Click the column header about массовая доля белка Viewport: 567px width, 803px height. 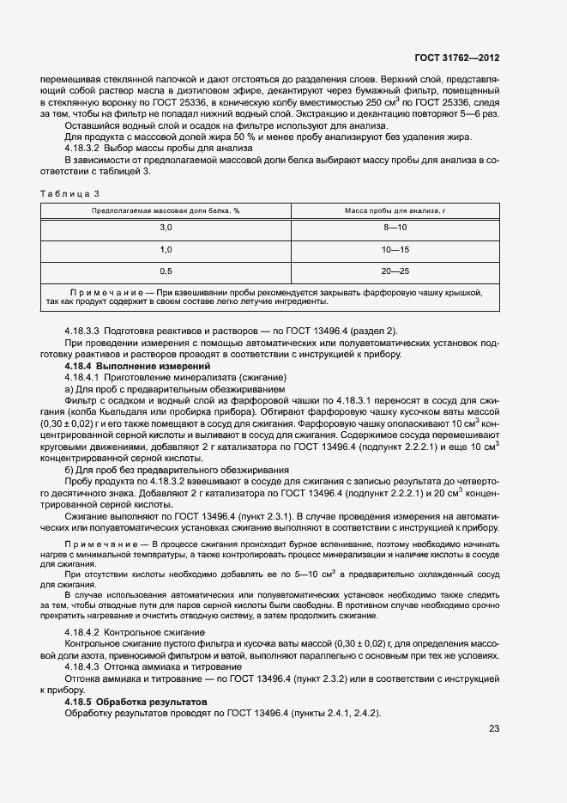tap(166, 210)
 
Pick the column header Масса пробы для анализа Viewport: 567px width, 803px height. tap(395, 210)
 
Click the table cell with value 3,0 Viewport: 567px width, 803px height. tap(166, 227)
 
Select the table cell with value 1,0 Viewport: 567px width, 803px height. tap(166, 249)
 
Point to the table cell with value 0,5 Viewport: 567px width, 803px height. tap(166, 271)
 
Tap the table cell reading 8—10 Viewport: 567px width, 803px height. tap(395, 227)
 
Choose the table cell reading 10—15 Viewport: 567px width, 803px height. tap(395, 249)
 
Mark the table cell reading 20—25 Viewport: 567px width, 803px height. tap(395, 271)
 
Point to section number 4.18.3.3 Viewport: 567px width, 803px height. tap(83, 331)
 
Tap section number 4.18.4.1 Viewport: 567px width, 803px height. tap(83, 378)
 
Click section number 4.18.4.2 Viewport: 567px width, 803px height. tap(83, 633)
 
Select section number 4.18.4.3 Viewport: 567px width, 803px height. tap(83, 666)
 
